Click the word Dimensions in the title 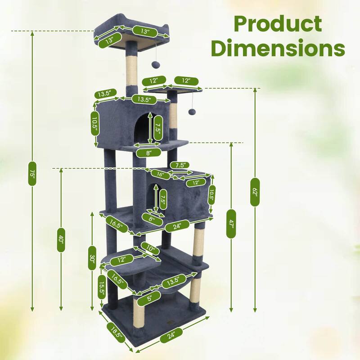click(278, 48)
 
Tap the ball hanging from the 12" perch click(192, 111)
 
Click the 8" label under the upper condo click(148, 153)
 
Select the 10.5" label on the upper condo click(95, 122)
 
